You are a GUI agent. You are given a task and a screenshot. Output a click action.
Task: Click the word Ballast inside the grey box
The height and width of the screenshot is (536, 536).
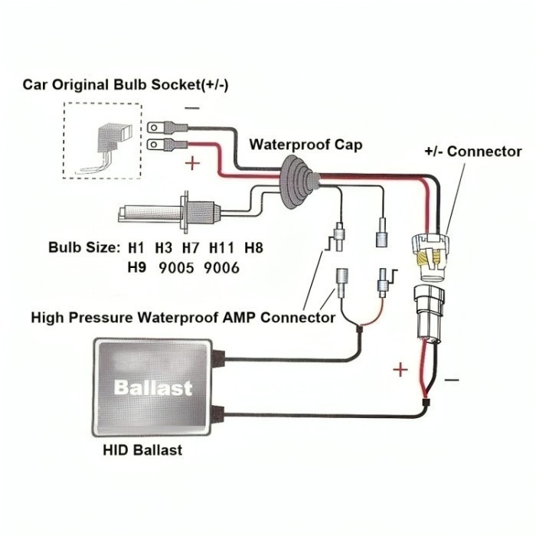coord(153,387)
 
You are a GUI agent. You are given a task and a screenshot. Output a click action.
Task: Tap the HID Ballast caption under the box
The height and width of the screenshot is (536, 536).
coord(142,450)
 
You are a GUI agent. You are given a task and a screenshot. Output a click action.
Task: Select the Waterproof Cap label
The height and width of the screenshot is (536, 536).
coord(306,145)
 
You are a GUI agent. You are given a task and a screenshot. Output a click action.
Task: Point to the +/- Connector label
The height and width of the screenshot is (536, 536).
coord(472,152)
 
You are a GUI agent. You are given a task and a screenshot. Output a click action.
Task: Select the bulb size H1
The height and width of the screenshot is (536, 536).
coord(136,248)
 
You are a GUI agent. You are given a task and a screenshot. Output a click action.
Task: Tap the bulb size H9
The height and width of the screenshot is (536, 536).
coord(136,268)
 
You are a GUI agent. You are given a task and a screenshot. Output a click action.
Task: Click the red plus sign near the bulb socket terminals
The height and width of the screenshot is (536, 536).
coord(193,163)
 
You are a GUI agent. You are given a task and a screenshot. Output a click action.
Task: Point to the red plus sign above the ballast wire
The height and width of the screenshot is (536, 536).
coord(400,371)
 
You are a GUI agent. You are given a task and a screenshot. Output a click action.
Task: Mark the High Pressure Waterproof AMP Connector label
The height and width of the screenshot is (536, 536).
coord(183,317)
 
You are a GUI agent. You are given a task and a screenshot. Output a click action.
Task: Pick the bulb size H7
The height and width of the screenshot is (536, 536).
coord(190,248)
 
